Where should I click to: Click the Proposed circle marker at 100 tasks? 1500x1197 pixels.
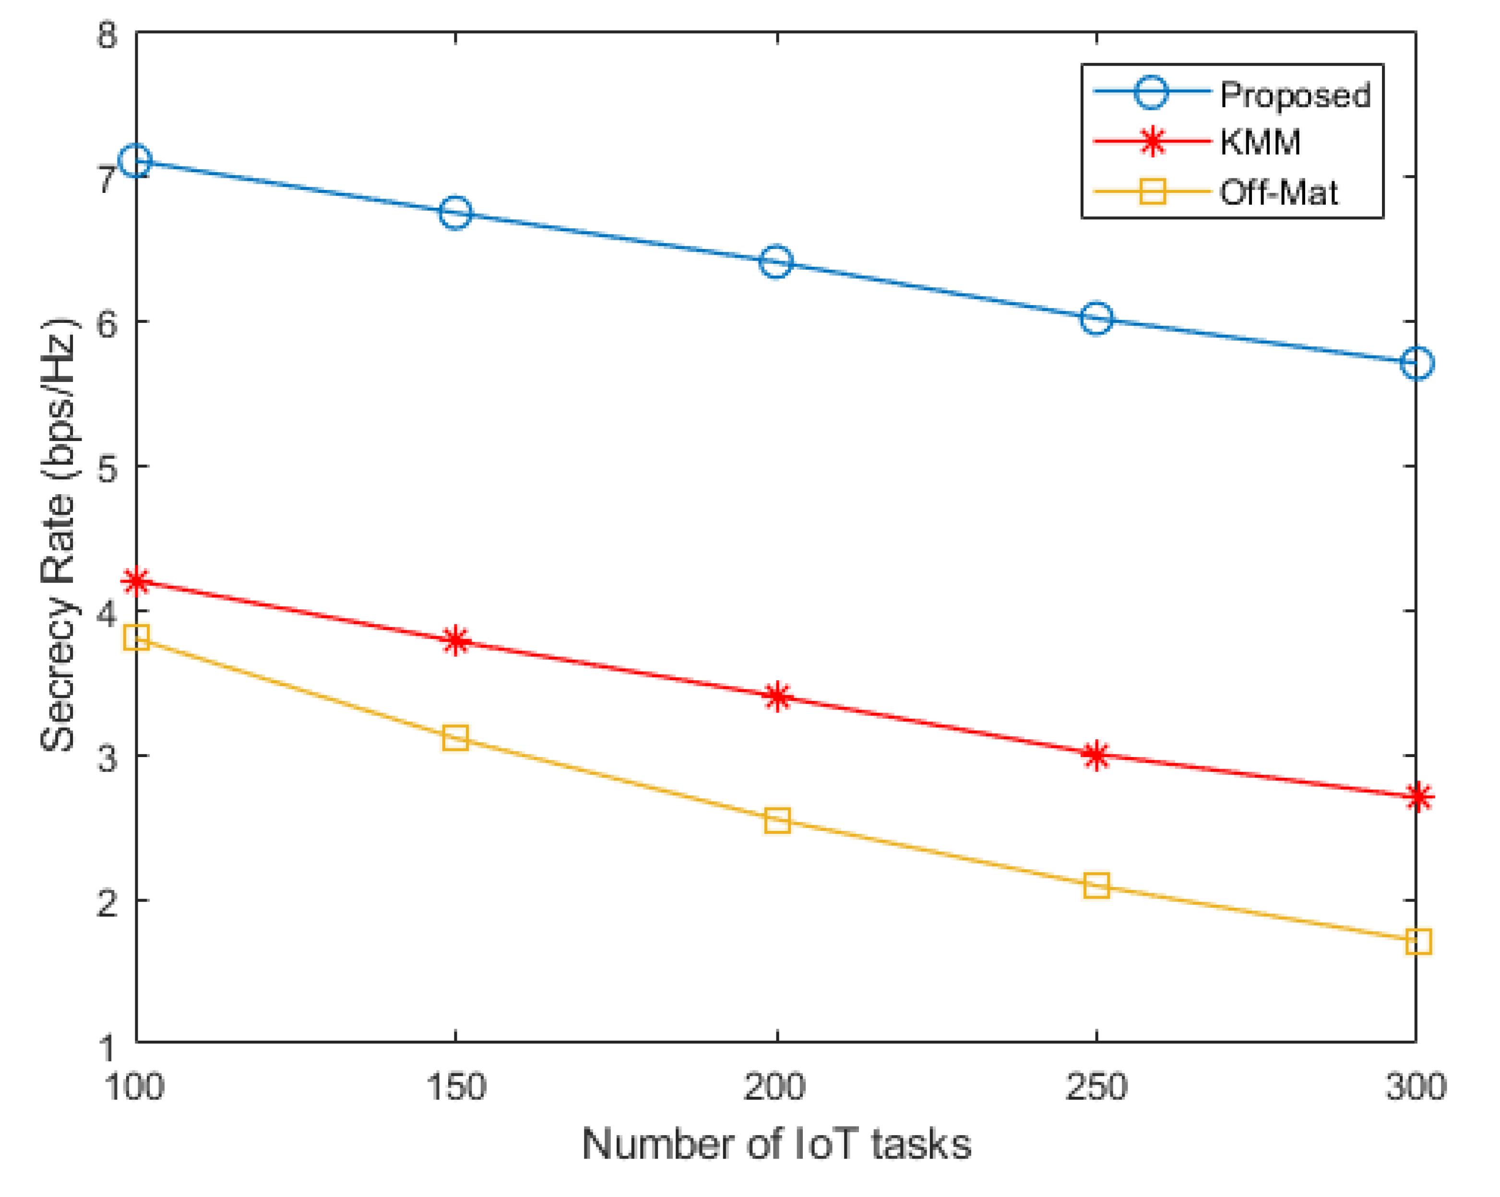pos(136,161)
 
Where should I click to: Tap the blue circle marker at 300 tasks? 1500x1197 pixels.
pos(1417,364)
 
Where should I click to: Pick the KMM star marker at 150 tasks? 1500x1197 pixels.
pos(456,640)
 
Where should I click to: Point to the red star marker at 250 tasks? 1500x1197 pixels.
pos(1096,755)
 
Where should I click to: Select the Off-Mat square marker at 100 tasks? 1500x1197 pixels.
pos(136,637)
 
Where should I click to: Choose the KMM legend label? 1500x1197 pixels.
pos(1261,142)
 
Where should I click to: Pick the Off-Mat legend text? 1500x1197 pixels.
pos(1279,193)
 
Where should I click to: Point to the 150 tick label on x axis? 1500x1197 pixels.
pos(456,1088)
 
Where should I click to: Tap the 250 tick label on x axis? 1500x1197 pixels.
pos(1096,1088)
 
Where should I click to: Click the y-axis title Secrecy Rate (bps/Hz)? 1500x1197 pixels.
pos(59,535)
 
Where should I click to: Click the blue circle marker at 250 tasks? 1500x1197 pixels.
pos(1096,319)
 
